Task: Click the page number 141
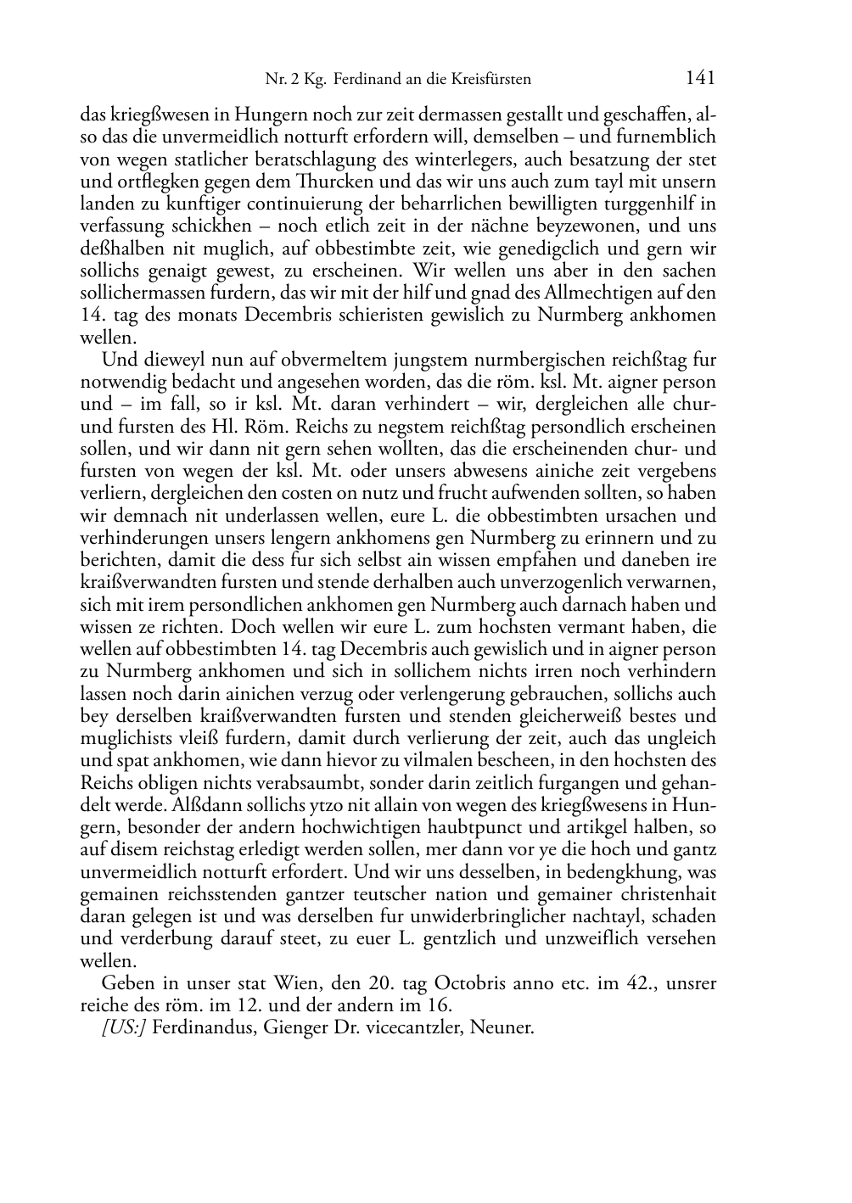(x=700, y=78)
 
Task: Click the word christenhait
(x=660, y=894)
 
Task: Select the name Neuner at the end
(x=506, y=1028)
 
